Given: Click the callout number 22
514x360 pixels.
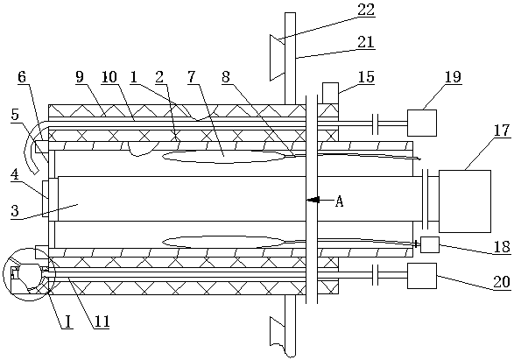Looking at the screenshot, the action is click(x=366, y=10).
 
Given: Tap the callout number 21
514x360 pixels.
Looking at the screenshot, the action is click(x=365, y=42).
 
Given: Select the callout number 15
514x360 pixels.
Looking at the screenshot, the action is click(x=366, y=77).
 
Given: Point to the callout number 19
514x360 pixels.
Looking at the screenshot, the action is click(x=454, y=77).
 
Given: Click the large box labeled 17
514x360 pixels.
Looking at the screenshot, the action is click(x=464, y=201).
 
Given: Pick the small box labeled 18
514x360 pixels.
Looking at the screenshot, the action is click(x=429, y=244).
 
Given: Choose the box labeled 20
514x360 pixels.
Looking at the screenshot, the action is click(x=422, y=276).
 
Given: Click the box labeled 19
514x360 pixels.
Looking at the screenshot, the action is click(x=422, y=123).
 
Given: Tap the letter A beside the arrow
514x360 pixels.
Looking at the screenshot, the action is click(x=339, y=201).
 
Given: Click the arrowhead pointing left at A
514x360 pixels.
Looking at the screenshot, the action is click(x=313, y=200).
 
